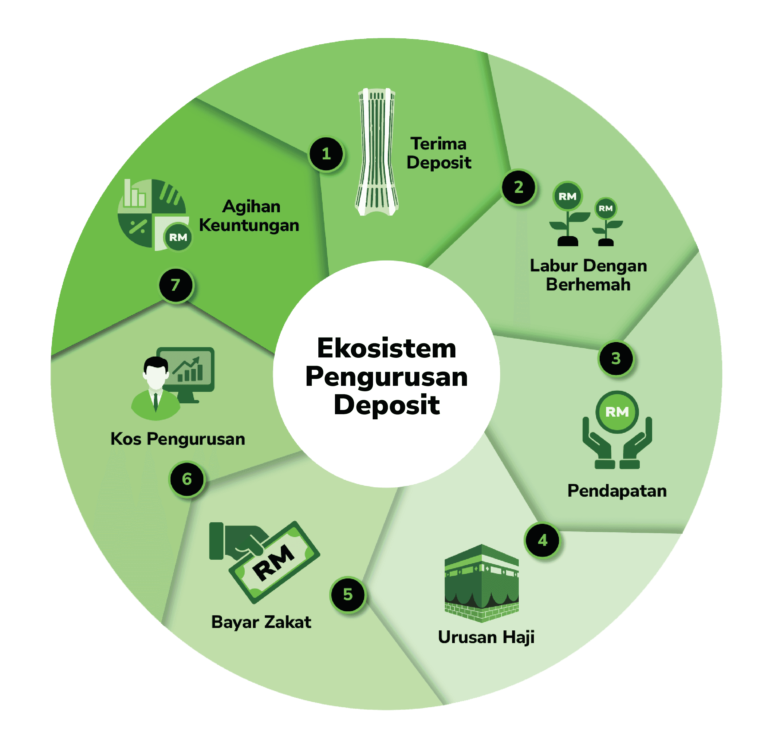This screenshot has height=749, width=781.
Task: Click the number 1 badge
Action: pos(326,154)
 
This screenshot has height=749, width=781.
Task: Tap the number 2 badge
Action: pos(518,187)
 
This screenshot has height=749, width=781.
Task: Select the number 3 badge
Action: pos(616,358)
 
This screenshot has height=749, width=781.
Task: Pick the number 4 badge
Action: pos(542,540)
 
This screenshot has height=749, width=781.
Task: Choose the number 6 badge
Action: pos(187,479)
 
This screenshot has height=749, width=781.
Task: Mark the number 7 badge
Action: pos(176,285)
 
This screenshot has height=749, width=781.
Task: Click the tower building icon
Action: pos(377,152)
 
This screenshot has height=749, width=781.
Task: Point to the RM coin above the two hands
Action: pos(617,412)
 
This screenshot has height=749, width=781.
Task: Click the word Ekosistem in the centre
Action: pos(387,348)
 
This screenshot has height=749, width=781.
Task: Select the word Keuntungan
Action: pos(249,225)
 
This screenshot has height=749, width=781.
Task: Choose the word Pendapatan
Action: pos(617,491)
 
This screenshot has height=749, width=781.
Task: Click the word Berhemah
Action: pos(588,285)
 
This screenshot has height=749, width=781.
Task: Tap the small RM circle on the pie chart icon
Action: pos(178,238)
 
